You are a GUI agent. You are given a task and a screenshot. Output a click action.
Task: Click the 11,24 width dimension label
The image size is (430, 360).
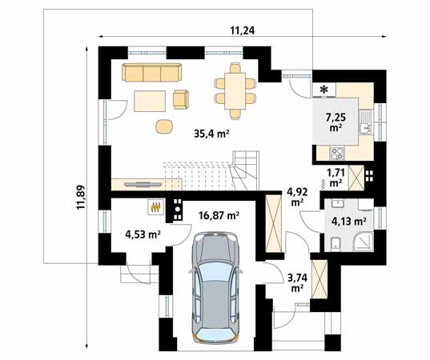[x=243, y=30]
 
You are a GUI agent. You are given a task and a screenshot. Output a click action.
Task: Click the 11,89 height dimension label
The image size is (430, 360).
[x=81, y=198]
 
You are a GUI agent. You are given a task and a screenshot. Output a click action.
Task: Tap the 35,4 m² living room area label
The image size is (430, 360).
[x=211, y=134]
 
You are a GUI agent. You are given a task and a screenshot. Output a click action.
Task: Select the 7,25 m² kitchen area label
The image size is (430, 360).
[x=336, y=122]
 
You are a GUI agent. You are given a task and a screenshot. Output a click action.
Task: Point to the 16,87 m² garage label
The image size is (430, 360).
[x=219, y=216]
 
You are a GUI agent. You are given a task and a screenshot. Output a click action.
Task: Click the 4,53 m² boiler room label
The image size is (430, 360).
[x=143, y=234]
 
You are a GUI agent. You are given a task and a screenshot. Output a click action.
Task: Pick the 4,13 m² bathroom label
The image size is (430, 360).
[x=349, y=221]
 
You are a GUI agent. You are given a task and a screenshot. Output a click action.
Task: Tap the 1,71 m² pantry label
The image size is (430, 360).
[x=336, y=178]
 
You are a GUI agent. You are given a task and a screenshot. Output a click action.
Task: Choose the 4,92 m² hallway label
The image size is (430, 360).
[x=297, y=197]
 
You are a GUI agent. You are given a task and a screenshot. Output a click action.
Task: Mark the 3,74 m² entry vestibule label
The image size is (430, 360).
[x=297, y=282]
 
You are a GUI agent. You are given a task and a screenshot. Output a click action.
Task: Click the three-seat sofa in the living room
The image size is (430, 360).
[x=152, y=73]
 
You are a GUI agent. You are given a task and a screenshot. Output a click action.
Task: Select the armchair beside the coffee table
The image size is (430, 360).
[x=181, y=99]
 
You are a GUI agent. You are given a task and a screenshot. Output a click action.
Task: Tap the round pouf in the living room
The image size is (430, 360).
[x=164, y=126]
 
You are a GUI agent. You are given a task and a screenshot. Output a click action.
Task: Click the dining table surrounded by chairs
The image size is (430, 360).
[x=235, y=91]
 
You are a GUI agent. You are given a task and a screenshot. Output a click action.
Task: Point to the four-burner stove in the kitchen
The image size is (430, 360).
[x=337, y=154]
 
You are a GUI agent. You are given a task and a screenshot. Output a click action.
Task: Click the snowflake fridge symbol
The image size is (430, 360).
[x=324, y=89]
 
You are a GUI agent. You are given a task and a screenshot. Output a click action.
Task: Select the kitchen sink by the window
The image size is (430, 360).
[x=365, y=122]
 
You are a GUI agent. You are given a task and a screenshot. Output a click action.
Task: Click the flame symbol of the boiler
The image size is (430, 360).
[x=156, y=207]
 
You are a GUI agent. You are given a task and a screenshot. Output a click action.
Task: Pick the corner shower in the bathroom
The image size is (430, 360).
[x=363, y=242]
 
